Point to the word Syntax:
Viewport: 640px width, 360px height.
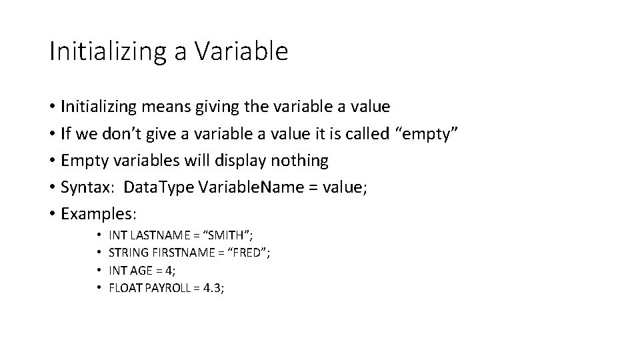85,188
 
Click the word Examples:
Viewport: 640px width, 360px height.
98,215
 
